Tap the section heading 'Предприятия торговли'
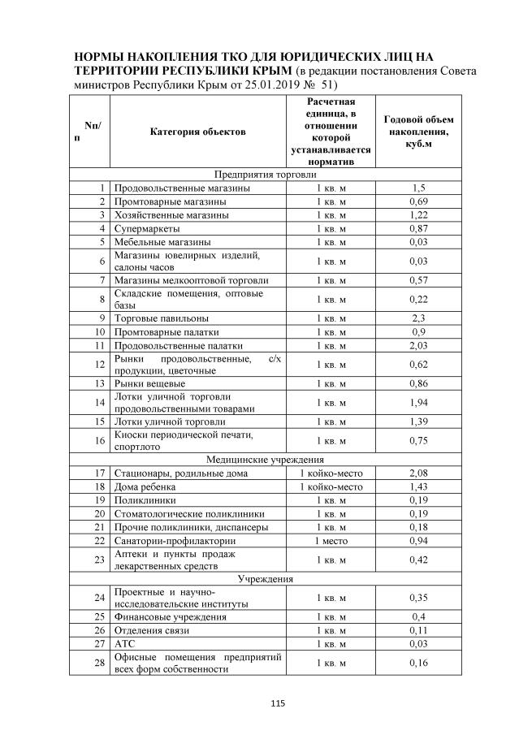point(265,175)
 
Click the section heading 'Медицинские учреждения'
point(265,460)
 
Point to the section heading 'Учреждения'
point(265,579)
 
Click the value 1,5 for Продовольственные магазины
point(418,188)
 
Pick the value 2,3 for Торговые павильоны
point(418,318)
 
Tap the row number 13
point(101,383)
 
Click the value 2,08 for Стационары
point(418,473)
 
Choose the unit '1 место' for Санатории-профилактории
point(331,539)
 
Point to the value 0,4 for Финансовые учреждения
point(418,616)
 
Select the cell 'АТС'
point(124,643)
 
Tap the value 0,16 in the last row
point(418,663)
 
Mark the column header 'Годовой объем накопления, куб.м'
point(418,132)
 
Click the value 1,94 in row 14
point(418,402)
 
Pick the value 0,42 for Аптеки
point(418,559)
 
